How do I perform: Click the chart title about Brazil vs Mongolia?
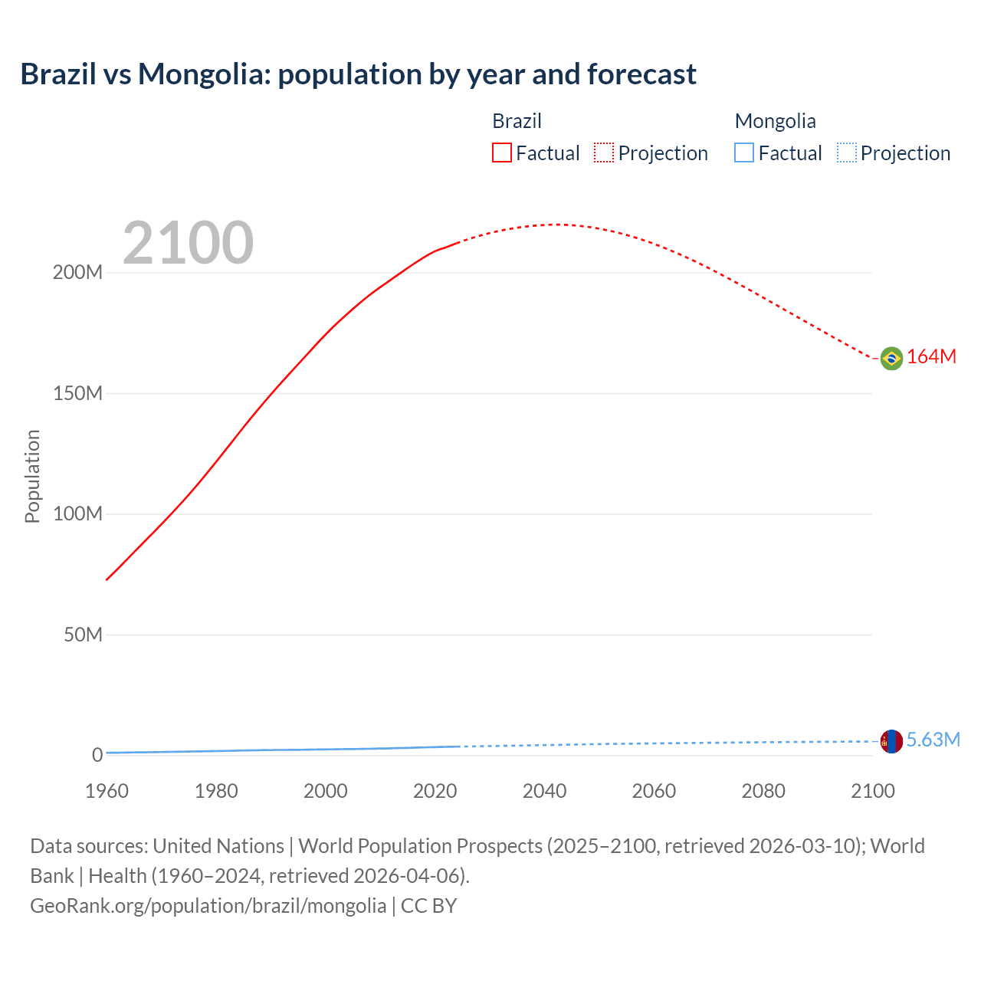coord(358,74)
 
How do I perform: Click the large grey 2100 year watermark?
coord(188,243)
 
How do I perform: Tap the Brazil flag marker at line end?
coord(891,358)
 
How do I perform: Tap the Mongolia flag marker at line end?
coord(891,741)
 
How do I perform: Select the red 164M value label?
coord(931,357)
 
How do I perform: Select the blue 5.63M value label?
coord(933,740)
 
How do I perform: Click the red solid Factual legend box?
coord(502,153)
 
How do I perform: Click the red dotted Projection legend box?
coord(604,153)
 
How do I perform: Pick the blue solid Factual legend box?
coord(744,153)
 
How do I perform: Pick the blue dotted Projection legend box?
coord(846,153)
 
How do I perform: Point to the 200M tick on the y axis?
coord(77,273)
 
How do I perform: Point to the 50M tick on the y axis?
coord(83,635)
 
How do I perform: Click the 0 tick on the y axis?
coord(97,755)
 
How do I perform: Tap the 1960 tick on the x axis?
coord(107,791)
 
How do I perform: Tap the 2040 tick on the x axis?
coord(544,791)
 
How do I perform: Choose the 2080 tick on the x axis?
coord(763,791)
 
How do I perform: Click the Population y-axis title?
coord(32,476)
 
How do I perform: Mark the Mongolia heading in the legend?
coord(775,121)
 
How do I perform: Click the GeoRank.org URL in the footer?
coord(208,906)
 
